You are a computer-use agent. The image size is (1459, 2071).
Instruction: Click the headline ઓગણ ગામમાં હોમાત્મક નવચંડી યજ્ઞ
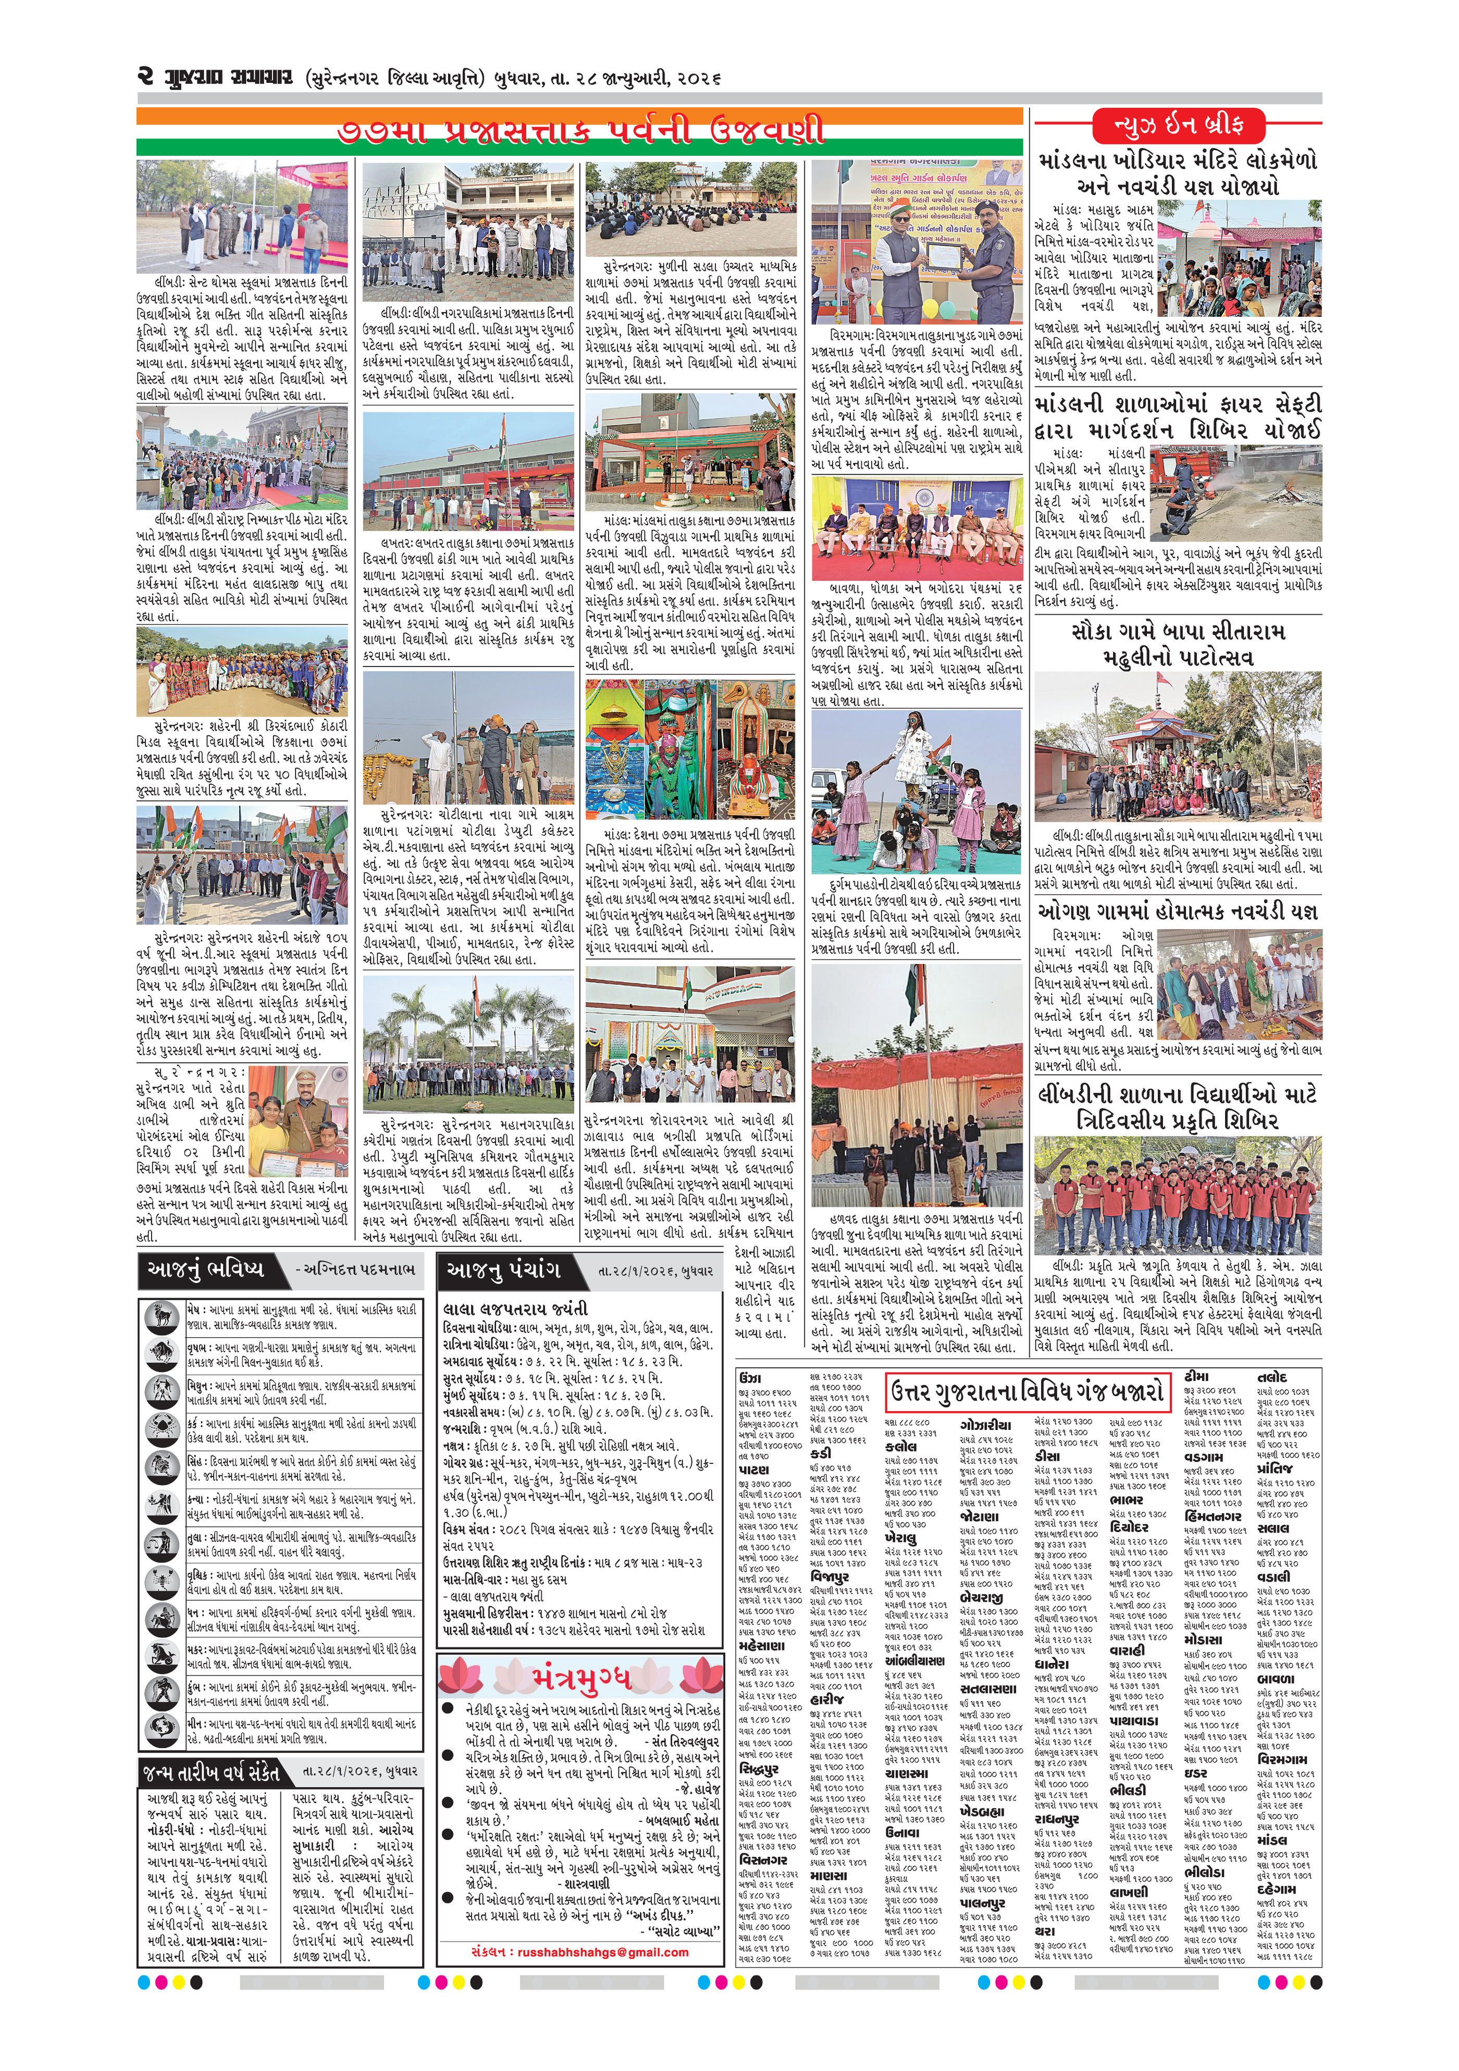tap(1178, 911)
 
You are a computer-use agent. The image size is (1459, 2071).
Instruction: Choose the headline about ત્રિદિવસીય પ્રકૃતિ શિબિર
tap(1178, 1107)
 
